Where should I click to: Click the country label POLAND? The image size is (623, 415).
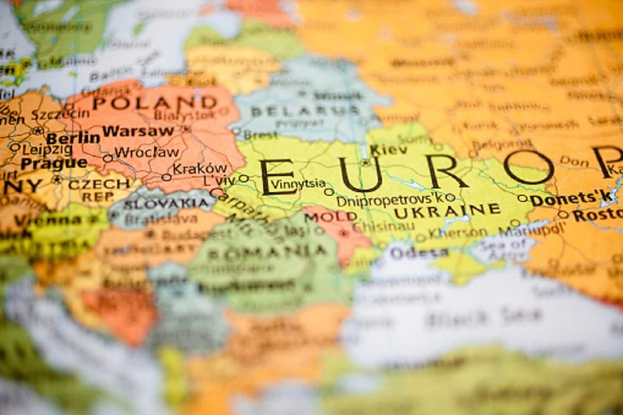[x=154, y=103]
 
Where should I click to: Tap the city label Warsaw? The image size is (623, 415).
[x=138, y=131]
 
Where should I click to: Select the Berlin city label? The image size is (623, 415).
[x=73, y=138]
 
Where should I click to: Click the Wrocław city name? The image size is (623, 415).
[x=147, y=153]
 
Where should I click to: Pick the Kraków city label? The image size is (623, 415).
[x=200, y=168]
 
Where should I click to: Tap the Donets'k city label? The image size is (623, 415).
[x=571, y=198]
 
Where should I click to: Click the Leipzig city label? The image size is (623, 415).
[x=48, y=150]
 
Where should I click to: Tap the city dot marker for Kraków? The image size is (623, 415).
[x=166, y=177]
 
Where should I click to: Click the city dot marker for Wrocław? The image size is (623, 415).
[x=107, y=158]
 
